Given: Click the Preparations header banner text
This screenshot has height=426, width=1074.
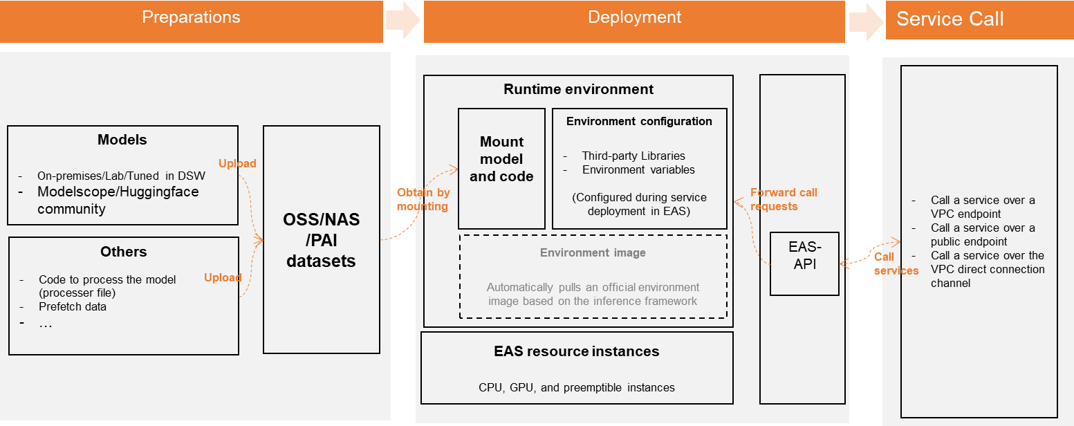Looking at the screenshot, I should pyautogui.click(x=191, y=17).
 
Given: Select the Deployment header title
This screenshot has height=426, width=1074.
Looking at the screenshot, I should pyautogui.click(x=634, y=17).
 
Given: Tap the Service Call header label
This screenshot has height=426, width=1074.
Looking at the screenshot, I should pyautogui.click(x=950, y=19).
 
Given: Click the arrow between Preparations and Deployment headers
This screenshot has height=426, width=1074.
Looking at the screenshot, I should pyautogui.click(x=403, y=21).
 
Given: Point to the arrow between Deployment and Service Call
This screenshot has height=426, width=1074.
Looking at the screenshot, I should pyautogui.click(x=865, y=21).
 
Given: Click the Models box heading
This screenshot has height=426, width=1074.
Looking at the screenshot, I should pyautogui.click(x=122, y=140).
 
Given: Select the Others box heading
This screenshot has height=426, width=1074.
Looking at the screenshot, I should pyautogui.click(x=123, y=252).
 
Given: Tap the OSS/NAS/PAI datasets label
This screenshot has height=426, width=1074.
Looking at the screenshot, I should pyautogui.click(x=321, y=241).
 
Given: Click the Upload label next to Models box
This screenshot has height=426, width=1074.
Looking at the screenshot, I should pyautogui.click(x=237, y=164).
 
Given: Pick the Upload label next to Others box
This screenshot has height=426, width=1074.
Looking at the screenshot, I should pyautogui.click(x=223, y=278).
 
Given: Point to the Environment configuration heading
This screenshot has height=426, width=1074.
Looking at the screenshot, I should pyautogui.click(x=639, y=122).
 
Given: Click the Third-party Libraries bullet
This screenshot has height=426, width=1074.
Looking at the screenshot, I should pyautogui.click(x=633, y=156).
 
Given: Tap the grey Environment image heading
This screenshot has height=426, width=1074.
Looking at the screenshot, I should pyautogui.click(x=593, y=253).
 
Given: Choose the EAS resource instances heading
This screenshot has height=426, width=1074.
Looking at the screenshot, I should pyautogui.click(x=576, y=351).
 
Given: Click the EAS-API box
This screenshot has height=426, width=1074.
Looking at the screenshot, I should pyautogui.click(x=804, y=263).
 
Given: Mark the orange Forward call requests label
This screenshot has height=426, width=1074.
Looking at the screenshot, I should pyautogui.click(x=783, y=199).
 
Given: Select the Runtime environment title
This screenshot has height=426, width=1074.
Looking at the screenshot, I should pyautogui.click(x=578, y=89).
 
